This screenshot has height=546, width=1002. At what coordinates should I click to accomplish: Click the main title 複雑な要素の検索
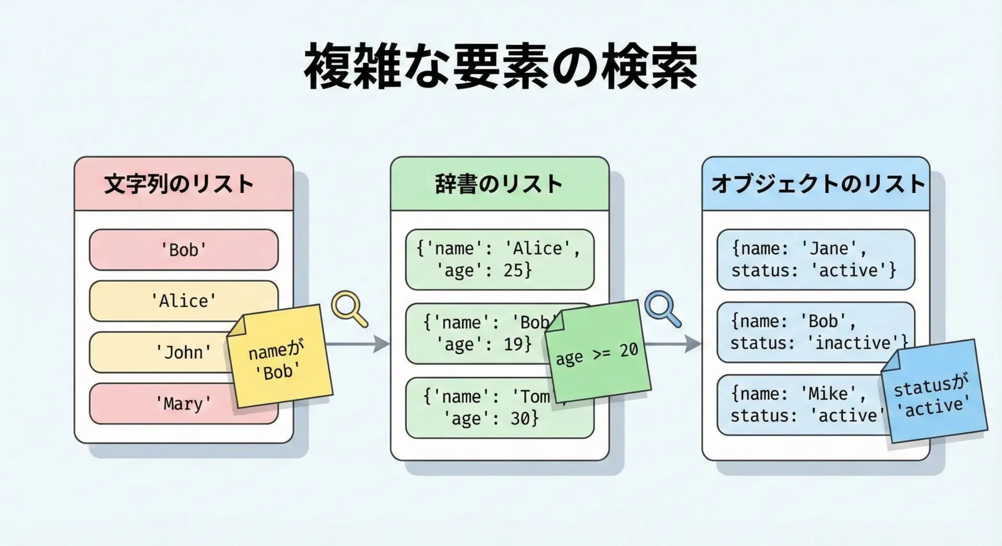coord(500,67)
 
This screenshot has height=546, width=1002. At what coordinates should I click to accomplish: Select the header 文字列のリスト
coord(179,184)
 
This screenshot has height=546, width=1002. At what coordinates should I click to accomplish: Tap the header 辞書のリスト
coord(499,184)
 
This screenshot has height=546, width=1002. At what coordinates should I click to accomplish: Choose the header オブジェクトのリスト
coord(817,184)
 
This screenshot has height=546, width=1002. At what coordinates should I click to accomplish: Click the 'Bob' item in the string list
coord(183,250)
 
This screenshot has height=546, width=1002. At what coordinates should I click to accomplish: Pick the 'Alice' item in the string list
coord(183,301)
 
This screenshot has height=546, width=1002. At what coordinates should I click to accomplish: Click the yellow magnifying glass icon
coord(348,307)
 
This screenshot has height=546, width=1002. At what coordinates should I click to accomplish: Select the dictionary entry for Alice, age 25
coord(499,259)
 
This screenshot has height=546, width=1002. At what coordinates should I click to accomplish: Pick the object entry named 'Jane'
coord(815,259)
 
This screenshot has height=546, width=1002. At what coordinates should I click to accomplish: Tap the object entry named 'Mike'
coord(798,405)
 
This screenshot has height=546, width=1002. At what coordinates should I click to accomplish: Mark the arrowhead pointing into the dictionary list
coord(382,344)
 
